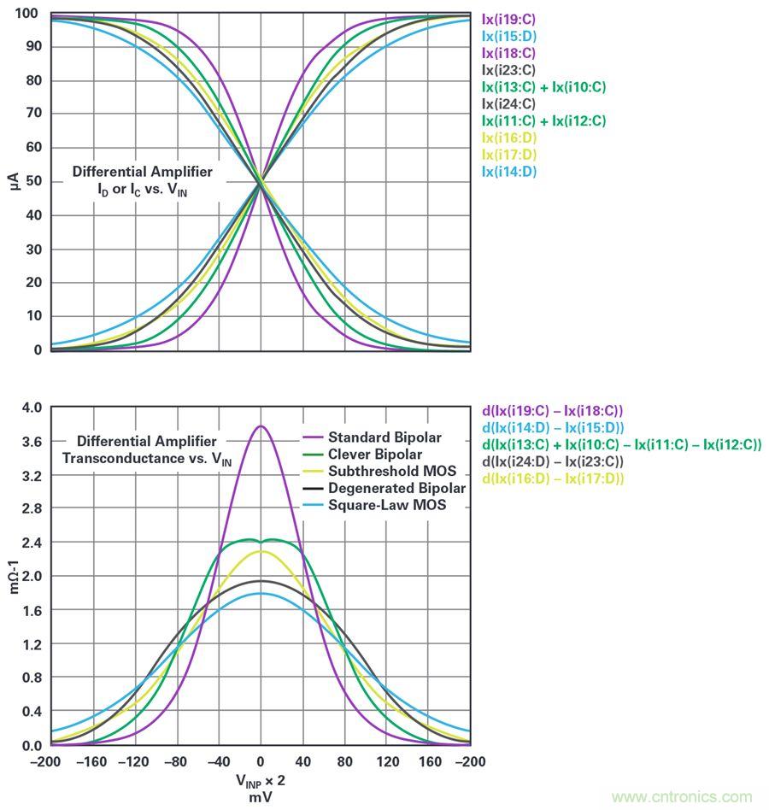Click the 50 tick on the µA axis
click(32, 181)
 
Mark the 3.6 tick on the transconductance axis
click(31, 441)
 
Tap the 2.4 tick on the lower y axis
click(31, 543)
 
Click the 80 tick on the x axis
click(344, 760)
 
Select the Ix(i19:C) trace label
click(509, 18)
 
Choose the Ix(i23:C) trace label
click(509, 70)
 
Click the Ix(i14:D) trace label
click(509, 172)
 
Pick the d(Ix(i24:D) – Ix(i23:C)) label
click(554, 461)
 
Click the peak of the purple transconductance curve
click(261, 426)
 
